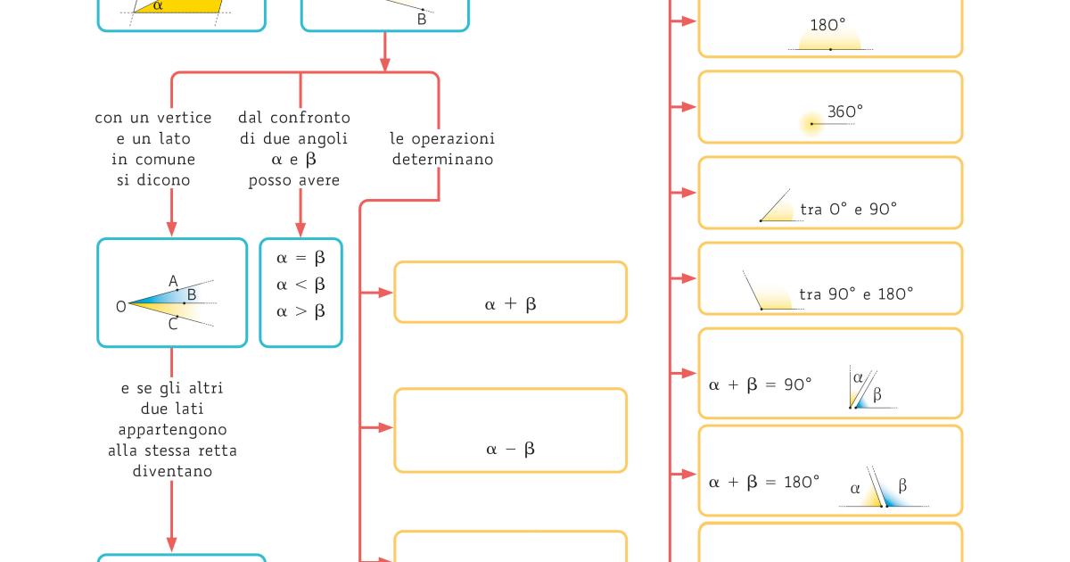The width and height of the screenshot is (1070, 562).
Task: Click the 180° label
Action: [x=827, y=26]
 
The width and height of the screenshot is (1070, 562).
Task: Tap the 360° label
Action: [x=844, y=112]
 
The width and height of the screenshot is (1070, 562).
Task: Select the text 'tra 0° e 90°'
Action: [x=848, y=209]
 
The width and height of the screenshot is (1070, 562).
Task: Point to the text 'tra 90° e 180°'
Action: [x=855, y=293]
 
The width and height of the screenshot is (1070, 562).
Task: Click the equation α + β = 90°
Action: [x=760, y=384]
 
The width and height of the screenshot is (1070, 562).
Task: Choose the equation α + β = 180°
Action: [x=763, y=482]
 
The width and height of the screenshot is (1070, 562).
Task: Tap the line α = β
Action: [x=300, y=258]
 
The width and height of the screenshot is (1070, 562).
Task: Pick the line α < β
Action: [x=300, y=285]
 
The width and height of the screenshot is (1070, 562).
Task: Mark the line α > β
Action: [x=300, y=311]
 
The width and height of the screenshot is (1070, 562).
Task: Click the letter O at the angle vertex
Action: [x=120, y=306]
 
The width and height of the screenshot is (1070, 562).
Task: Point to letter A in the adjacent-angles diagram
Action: [x=173, y=281]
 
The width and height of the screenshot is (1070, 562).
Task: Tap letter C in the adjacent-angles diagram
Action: [x=173, y=326]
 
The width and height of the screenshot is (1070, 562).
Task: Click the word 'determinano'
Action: [x=441, y=160]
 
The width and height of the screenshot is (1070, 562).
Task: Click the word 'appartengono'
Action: [x=171, y=430]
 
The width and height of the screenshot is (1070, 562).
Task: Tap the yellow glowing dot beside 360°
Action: [x=811, y=124]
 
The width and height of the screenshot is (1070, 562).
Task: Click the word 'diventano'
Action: [x=171, y=471]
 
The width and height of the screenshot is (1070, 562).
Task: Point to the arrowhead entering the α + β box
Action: [x=386, y=293]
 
